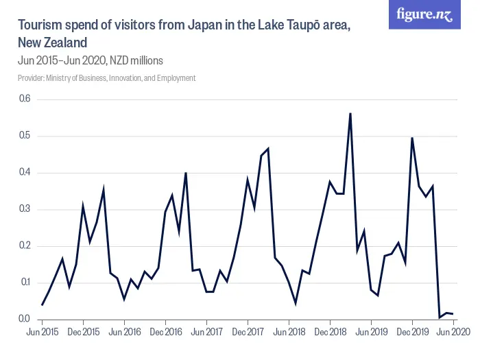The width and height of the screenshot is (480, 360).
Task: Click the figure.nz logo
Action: [424, 15]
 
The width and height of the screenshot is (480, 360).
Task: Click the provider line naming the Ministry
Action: [107, 78]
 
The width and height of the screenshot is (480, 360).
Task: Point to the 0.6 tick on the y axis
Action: [25, 99]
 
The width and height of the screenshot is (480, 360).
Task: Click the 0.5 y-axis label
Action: [25, 136]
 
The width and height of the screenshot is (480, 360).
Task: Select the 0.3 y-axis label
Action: [25, 209]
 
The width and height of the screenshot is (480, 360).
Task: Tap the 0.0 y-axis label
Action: [25, 319]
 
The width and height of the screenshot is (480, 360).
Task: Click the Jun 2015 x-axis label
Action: [42, 332]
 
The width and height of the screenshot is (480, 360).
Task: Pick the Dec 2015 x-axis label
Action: [83, 332]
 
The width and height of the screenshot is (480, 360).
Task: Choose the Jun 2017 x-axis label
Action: [206, 332]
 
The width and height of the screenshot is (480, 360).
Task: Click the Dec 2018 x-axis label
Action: [330, 332]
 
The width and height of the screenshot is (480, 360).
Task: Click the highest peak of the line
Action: [350, 113]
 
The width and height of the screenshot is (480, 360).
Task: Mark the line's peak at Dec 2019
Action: [412, 138]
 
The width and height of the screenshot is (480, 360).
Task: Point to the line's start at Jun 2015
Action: [42, 304]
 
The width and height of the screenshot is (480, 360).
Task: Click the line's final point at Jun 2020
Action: [453, 313]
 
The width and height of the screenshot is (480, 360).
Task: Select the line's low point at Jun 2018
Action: [296, 302]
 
